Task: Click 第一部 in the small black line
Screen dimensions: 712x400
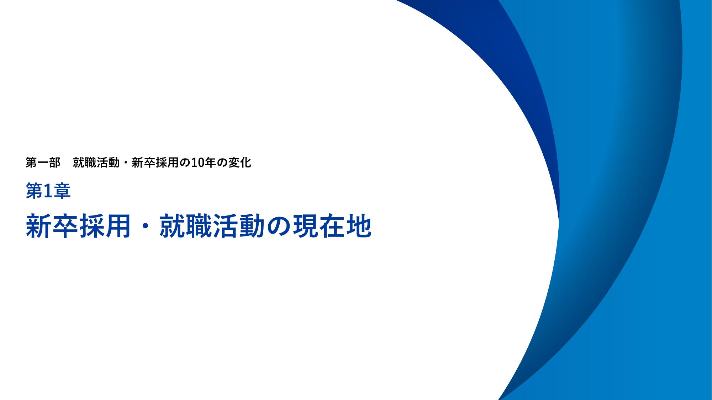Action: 43,162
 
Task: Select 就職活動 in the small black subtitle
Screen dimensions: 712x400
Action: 96,162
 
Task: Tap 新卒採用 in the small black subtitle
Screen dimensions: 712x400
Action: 155,162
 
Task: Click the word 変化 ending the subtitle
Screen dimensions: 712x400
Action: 239,162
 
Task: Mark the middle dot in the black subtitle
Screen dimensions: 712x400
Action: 126,163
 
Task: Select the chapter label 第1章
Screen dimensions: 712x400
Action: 48,191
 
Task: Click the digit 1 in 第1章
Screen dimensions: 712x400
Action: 48,191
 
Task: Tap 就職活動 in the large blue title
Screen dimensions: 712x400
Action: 212,226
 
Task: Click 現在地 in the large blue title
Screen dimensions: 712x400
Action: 332,226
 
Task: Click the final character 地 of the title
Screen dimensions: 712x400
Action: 359,226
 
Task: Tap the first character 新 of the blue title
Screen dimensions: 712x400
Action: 39,226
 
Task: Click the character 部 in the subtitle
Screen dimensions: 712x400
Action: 55,162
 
